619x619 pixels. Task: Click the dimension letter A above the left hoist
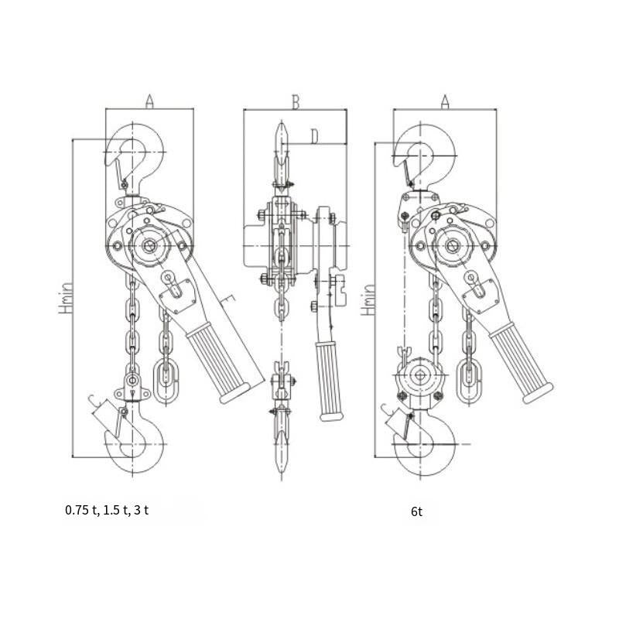(149, 101)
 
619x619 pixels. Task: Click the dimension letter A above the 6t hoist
(445, 101)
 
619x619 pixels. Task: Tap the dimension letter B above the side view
(296, 101)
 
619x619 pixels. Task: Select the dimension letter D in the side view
(314, 137)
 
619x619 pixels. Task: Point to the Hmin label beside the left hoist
(66, 298)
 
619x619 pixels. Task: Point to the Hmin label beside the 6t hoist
(368, 300)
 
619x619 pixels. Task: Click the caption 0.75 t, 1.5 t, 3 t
(107, 510)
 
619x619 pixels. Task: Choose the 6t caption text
(416, 511)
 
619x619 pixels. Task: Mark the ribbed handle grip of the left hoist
(218, 362)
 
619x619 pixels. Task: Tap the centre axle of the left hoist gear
(149, 246)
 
